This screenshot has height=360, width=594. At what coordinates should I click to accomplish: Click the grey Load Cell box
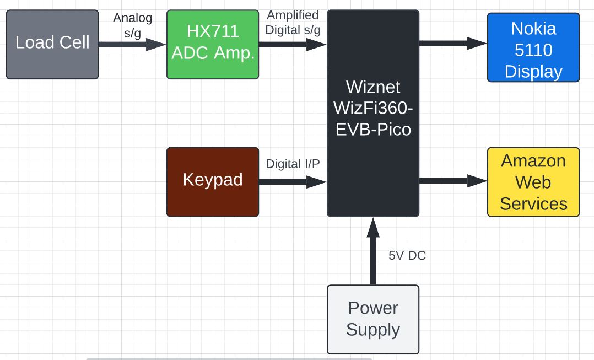52,44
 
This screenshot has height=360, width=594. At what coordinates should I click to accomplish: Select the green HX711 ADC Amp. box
213,44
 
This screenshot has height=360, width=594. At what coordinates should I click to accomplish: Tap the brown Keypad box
213,181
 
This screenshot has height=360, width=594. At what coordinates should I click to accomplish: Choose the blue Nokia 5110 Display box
533,48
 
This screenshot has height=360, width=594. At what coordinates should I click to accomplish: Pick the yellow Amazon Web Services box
533,182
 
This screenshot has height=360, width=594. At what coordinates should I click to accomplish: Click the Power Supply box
373,319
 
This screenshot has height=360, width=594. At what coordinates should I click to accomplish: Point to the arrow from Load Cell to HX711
132,45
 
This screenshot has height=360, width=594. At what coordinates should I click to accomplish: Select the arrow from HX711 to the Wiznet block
293,45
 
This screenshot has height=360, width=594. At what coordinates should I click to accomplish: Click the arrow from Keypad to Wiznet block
293,181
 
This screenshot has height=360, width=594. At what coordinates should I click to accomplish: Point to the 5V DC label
407,256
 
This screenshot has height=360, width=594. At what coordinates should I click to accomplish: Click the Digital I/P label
293,164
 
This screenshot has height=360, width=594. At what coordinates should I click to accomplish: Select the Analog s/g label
132,25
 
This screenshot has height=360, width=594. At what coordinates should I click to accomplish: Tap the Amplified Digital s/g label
293,23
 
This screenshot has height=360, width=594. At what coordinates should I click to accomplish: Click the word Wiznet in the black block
373,87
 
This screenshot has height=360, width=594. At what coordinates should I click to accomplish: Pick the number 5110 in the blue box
533,50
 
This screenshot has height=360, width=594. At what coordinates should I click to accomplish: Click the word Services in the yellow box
533,203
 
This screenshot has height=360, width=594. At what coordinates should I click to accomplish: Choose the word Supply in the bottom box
373,330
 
